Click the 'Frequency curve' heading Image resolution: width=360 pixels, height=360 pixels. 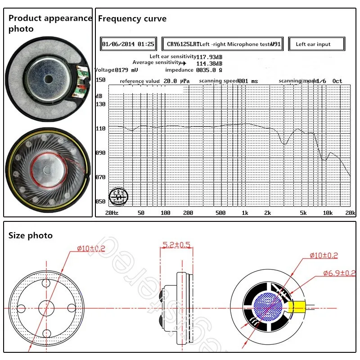coord(132,19)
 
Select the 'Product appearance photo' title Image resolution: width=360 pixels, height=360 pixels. coord(49,23)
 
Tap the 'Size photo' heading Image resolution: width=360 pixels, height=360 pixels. coord(31,235)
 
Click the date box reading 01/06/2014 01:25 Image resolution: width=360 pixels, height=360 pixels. coord(129,45)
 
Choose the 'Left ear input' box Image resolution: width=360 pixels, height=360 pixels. coord(315,45)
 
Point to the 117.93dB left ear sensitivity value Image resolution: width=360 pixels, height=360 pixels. coord(209,57)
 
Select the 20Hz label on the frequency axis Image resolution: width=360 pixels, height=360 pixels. coord(111,212)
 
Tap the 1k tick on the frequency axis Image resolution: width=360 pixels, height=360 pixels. coord(245,212)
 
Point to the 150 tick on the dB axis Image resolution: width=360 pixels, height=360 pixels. coord(100,80)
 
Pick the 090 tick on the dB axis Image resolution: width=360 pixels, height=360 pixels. coord(100,153)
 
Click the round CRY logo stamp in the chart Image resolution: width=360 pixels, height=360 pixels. coord(120,195)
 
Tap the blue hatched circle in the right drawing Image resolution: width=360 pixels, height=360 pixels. coord(265,306)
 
